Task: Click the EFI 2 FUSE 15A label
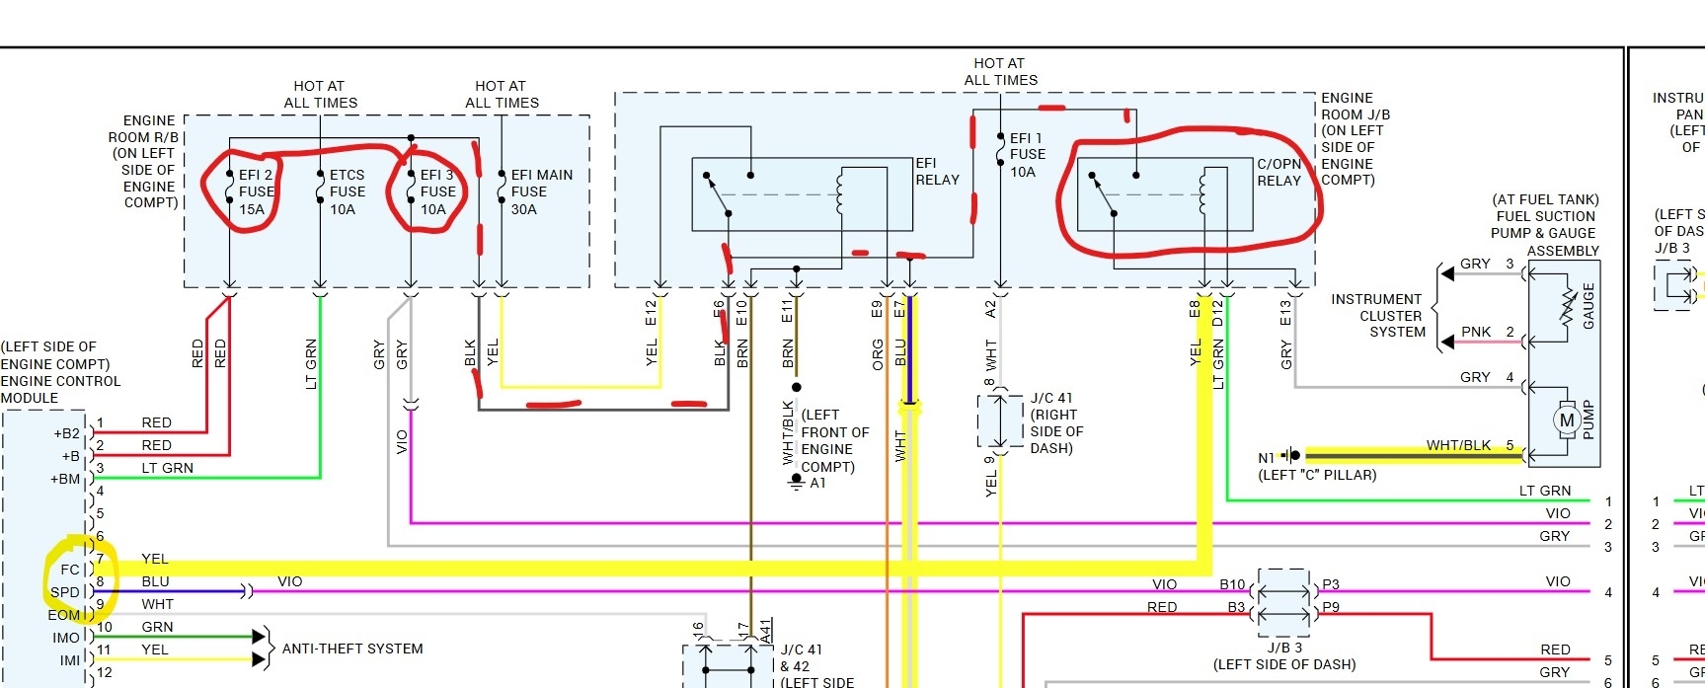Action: tap(255, 191)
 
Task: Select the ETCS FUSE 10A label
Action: tap(347, 191)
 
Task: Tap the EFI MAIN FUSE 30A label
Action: tap(541, 191)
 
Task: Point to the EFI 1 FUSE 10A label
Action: tap(1027, 155)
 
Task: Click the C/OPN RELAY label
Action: tap(1279, 172)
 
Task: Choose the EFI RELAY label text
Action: tap(937, 171)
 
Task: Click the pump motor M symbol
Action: tap(1566, 420)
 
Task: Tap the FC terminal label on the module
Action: tap(69, 570)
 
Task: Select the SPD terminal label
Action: tap(65, 592)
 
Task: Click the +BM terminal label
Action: tap(65, 479)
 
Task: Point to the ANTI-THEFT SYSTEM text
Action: tap(352, 649)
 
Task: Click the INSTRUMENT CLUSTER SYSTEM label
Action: tap(1376, 315)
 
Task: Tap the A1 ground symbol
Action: tap(797, 482)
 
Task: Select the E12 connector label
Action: tap(651, 313)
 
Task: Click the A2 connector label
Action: tap(990, 310)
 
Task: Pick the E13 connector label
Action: tap(1284, 313)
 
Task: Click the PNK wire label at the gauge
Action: tap(1476, 332)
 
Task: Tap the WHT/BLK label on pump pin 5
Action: tap(1458, 445)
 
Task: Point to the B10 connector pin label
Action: tap(1232, 584)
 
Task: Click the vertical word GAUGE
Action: tap(1588, 306)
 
